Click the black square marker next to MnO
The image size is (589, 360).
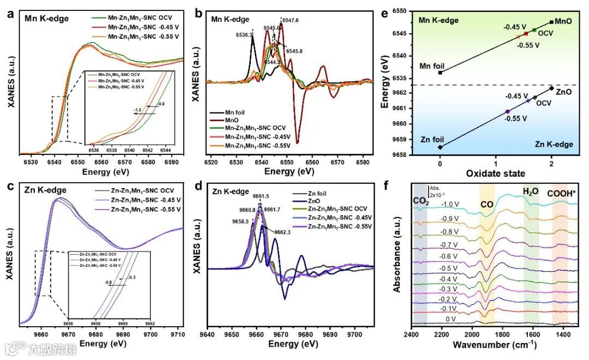(x=552, y=22)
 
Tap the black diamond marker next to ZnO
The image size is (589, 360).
(x=551, y=88)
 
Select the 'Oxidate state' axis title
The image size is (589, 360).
(x=496, y=173)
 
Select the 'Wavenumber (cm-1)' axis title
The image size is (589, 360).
(x=496, y=345)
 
